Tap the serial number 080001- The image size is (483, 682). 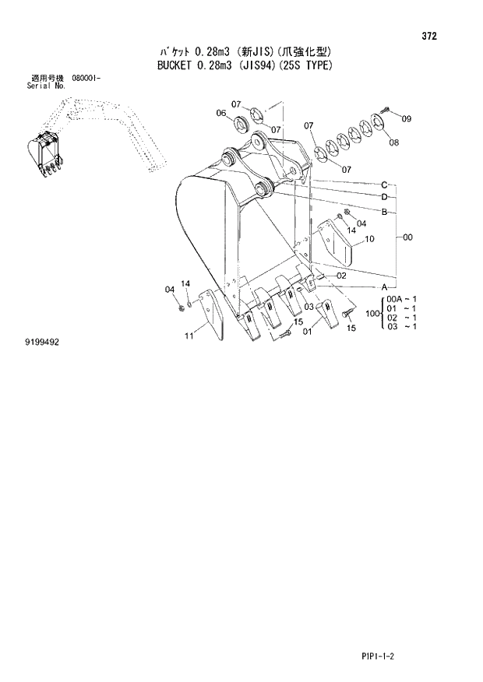(86, 79)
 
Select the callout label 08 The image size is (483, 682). (394, 142)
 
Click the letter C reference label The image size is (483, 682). (384, 185)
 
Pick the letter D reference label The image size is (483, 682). (384, 198)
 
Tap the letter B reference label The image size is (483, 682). (384, 212)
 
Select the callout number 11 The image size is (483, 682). (189, 336)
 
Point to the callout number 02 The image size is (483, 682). (341, 276)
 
